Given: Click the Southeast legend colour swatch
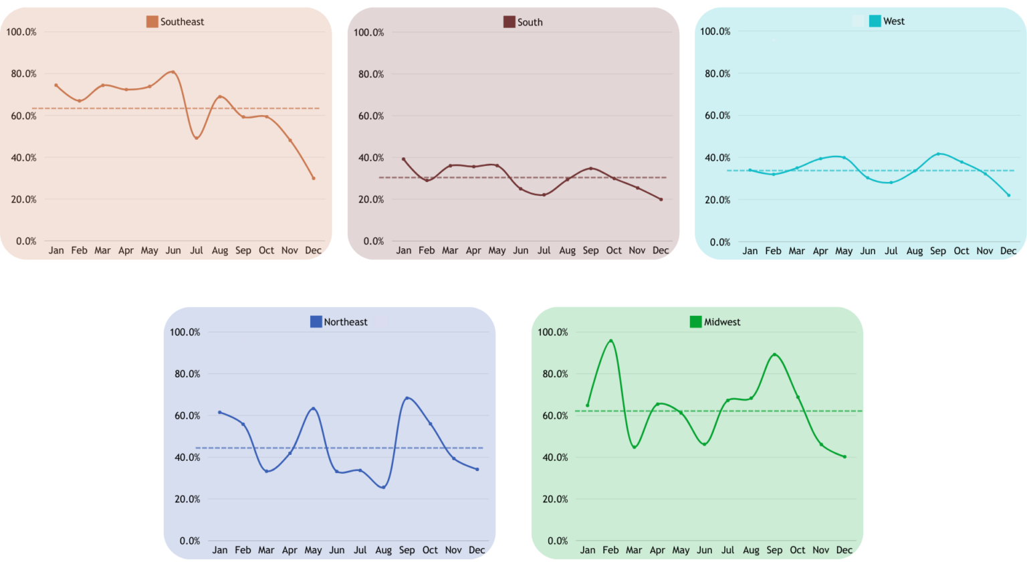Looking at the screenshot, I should click(x=152, y=21).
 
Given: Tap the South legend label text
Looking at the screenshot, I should click(x=530, y=22).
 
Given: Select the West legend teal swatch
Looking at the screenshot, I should click(x=875, y=21).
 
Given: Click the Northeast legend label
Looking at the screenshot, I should click(x=346, y=322).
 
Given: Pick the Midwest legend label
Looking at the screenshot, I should click(x=722, y=322).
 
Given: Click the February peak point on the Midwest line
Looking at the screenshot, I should click(x=610, y=341).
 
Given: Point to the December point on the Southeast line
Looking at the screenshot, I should click(x=313, y=178).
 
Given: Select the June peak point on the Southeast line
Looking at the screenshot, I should click(x=173, y=72).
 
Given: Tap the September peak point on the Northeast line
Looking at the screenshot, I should click(x=407, y=398).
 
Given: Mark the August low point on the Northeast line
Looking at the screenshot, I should click(x=383, y=487).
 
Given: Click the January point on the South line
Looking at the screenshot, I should click(x=403, y=159).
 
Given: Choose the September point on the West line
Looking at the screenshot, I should click(x=938, y=154).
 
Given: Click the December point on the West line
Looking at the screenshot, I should click(x=1008, y=195).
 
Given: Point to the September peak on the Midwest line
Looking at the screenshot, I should click(x=774, y=355).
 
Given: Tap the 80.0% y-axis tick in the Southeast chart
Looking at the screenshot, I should click(x=23, y=74).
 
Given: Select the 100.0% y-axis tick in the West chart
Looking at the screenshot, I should click(x=715, y=31).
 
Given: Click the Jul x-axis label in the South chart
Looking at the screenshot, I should click(x=544, y=250).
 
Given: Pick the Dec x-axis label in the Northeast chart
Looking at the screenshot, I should click(x=477, y=550).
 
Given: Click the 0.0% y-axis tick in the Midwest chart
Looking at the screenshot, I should click(x=557, y=541).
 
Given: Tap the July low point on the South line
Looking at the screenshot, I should click(x=544, y=195).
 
